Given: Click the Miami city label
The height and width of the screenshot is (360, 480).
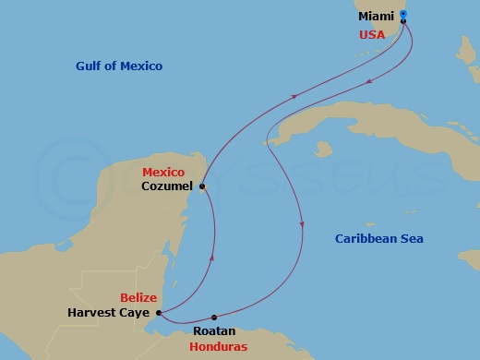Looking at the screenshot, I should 377,17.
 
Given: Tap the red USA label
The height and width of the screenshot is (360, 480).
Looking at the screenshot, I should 372,35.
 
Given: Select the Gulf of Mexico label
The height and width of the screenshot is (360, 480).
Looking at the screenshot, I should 119,66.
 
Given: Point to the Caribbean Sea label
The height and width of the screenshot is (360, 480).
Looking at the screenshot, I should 378,239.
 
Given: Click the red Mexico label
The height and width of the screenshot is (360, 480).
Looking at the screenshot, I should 163,173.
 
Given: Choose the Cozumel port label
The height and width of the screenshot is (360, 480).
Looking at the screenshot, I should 166,186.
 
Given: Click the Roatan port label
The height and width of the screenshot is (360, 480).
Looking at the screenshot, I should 214,330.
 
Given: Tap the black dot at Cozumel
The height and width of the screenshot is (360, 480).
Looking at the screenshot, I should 201,185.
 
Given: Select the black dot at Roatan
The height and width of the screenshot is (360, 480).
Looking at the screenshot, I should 215,318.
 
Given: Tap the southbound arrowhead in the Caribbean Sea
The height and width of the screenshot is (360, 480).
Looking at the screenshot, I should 302,224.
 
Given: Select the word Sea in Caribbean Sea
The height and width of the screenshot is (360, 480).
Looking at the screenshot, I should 411,239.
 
